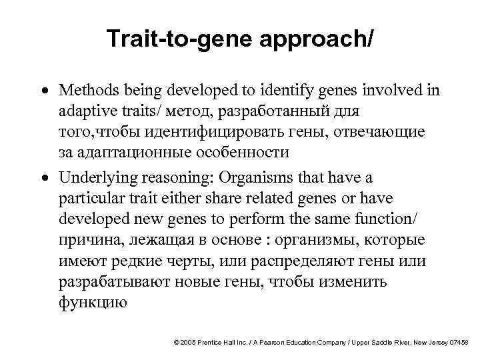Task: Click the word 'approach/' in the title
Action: [319, 41]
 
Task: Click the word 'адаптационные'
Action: [129, 152]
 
